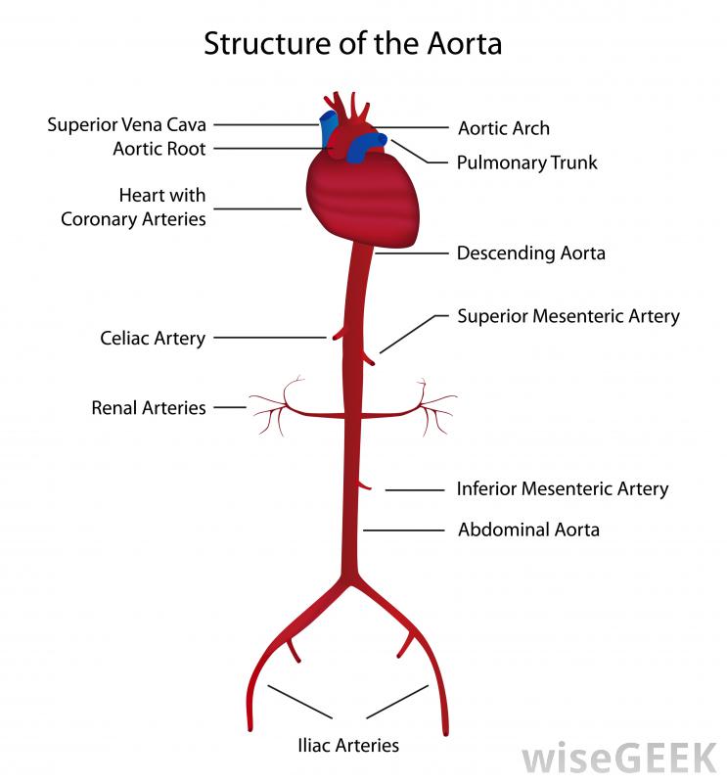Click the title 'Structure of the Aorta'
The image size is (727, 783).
tap(352, 44)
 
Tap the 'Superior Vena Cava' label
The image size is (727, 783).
tap(127, 125)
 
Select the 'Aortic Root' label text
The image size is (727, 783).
tap(159, 149)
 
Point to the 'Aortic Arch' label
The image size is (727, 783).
tap(504, 128)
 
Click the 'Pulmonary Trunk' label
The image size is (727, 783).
tap(526, 162)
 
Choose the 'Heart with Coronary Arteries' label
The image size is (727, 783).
tap(134, 207)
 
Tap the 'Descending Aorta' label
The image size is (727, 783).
tap(531, 253)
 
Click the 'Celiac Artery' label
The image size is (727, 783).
tap(153, 339)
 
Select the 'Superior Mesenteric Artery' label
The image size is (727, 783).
tap(568, 316)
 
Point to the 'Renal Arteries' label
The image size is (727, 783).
tap(149, 407)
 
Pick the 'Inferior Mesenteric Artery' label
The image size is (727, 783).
tap(563, 488)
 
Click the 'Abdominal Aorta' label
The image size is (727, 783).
tap(528, 530)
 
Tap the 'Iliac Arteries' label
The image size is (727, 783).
tap(348, 745)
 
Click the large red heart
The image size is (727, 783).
tap(362, 201)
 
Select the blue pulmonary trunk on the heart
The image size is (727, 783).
tap(369, 147)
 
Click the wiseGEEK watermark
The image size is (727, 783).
tap(618, 758)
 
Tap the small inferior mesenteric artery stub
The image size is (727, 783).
tap(364, 484)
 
